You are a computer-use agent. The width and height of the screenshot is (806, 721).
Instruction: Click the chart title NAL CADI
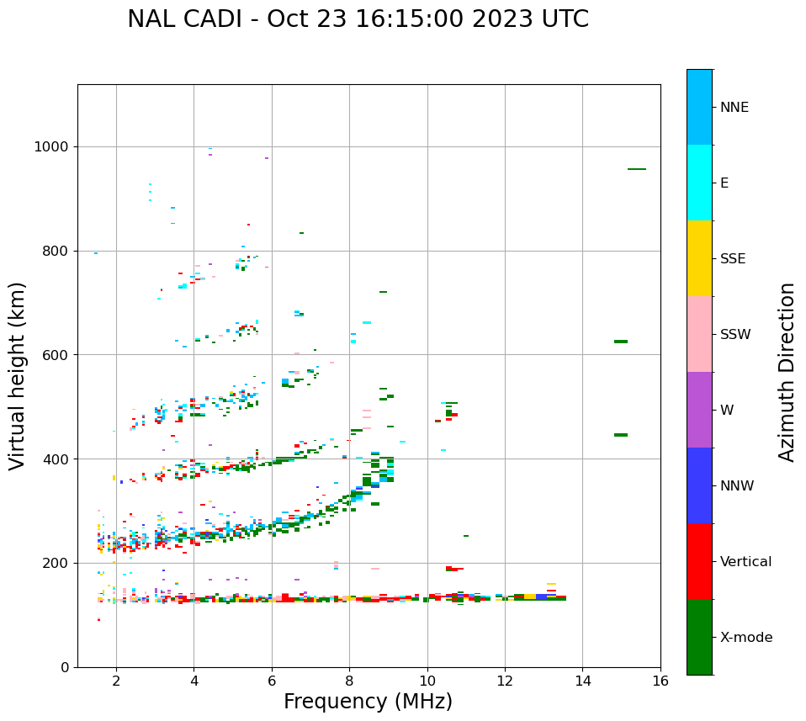pyautogui.click(x=358, y=19)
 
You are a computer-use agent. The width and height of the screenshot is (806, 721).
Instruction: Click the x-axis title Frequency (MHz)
pyautogui.click(x=368, y=702)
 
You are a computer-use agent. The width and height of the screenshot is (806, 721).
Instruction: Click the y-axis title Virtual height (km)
pyautogui.click(x=18, y=376)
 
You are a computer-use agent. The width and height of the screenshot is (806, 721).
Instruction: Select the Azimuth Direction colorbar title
pyautogui.click(x=787, y=371)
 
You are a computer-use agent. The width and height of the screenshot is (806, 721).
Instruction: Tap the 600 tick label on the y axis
pyautogui.click(x=56, y=355)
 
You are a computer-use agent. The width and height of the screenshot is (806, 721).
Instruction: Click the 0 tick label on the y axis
pyautogui.click(x=64, y=667)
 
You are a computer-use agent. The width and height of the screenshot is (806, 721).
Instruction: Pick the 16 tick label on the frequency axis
pyautogui.click(x=660, y=681)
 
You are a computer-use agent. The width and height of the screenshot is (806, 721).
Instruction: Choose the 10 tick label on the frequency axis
pyautogui.click(x=427, y=681)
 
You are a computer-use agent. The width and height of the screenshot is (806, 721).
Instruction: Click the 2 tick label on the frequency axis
pyautogui.click(x=116, y=681)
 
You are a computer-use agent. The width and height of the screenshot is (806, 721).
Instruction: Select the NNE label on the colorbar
pyautogui.click(x=734, y=108)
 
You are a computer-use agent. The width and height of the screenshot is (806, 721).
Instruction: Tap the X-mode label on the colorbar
pyautogui.click(x=746, y=638)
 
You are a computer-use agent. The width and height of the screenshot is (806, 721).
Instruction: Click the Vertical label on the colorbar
pyautogui.click(x=746, y=562)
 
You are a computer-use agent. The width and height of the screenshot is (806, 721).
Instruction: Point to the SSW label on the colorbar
pyautogui.click(x=735, y=335)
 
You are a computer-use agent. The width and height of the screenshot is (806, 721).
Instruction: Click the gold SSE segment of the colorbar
pyautogui.click(x=699, y=258)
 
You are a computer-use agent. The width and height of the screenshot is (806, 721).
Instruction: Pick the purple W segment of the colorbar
pyautogui.click(x=699, y=410)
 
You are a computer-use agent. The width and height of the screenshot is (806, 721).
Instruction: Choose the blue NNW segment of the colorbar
pyautogui.click(x=699, y=485)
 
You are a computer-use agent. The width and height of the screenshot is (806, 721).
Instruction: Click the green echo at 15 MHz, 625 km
pyautogui.click(x=621, y=342)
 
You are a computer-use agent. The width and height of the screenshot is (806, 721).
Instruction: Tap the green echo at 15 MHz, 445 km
pyautogui.click(x=621, y=435)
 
